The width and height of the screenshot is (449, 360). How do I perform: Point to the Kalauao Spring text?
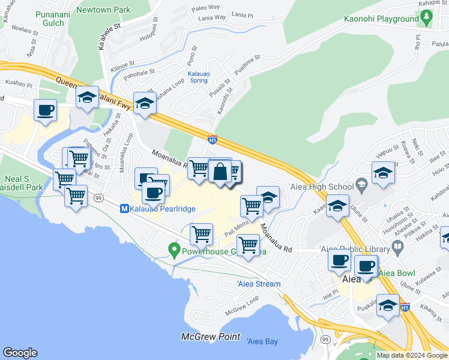(x=198, y=77)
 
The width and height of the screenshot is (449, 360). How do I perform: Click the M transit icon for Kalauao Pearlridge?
(x=125, y=209)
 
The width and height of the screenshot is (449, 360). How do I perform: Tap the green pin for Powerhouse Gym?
(x=175, y=247)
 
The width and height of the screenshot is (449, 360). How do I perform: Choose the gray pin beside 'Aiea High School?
(x=360, y=183)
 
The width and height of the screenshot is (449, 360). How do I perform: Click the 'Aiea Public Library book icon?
(x=397, y=247)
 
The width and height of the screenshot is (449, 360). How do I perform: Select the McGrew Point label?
(x=211, y=337)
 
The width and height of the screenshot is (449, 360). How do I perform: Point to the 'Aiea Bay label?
(x=262, y=341)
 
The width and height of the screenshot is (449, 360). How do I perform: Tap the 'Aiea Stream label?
(x=259, y=284)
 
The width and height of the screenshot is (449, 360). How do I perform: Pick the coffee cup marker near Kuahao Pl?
(x=46, y=110)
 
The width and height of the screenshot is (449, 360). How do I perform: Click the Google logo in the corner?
(x=20, y=353)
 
